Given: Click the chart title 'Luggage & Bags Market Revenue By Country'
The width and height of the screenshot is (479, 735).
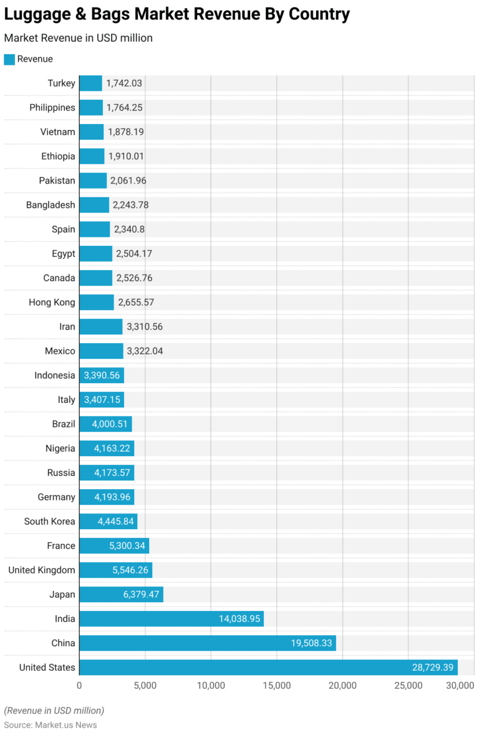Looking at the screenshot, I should [177, 14].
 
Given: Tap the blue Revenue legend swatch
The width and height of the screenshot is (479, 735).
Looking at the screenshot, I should [9, 59].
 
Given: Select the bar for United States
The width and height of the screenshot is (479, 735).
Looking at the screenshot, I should [268, 667].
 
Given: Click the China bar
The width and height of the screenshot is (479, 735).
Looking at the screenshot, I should [207, 643].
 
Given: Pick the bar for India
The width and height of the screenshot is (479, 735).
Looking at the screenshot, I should [171, 618].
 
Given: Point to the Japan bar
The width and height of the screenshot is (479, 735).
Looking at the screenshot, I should [121, 594].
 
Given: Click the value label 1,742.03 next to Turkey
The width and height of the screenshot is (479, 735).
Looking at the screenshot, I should [124, 83].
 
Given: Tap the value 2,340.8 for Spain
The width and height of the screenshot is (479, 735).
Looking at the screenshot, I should [129, 229].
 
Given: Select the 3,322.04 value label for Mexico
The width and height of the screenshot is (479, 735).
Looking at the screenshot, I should [145, 351].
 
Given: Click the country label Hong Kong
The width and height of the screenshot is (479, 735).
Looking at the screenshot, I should [52, 302].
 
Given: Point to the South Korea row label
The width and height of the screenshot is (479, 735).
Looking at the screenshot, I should [49, 521].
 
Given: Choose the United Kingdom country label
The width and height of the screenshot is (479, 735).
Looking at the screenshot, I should [42, 570].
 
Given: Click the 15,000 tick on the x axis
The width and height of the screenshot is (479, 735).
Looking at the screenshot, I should [277, 686].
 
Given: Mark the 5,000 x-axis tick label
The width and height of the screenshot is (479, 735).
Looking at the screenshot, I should [145, 686].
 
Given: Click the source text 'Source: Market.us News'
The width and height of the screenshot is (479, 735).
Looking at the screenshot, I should [51, 724].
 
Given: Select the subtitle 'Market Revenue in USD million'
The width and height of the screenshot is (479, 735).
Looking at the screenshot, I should [78, 38].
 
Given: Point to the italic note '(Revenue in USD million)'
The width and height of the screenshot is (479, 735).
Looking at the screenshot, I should [54, 710].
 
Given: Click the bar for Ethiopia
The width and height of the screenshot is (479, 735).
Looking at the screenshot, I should [92, 156].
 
